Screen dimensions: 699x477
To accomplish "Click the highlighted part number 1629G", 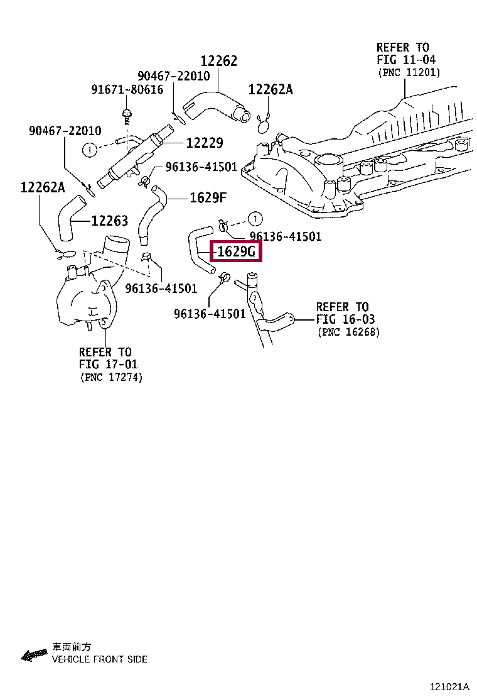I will tap(236, 253).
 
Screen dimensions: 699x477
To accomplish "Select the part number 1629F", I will tap(208, 198).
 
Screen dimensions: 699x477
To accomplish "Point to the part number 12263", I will tap(109, 221).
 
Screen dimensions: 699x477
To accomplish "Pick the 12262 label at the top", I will tap(219, 61).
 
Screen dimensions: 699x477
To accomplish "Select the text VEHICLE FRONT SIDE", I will tap(100, 659).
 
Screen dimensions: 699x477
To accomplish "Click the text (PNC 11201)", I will tap(409, 73).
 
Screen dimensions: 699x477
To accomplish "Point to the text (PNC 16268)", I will tap(348, 331).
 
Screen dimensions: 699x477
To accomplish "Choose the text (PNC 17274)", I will tap(111, 377).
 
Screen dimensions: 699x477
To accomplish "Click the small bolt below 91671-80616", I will tap(127, 115).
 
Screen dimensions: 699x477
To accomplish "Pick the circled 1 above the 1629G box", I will tap(254, 219).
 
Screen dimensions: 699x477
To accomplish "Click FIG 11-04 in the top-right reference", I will tap(406, 60).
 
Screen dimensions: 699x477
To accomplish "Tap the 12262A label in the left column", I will tap(42, 187).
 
